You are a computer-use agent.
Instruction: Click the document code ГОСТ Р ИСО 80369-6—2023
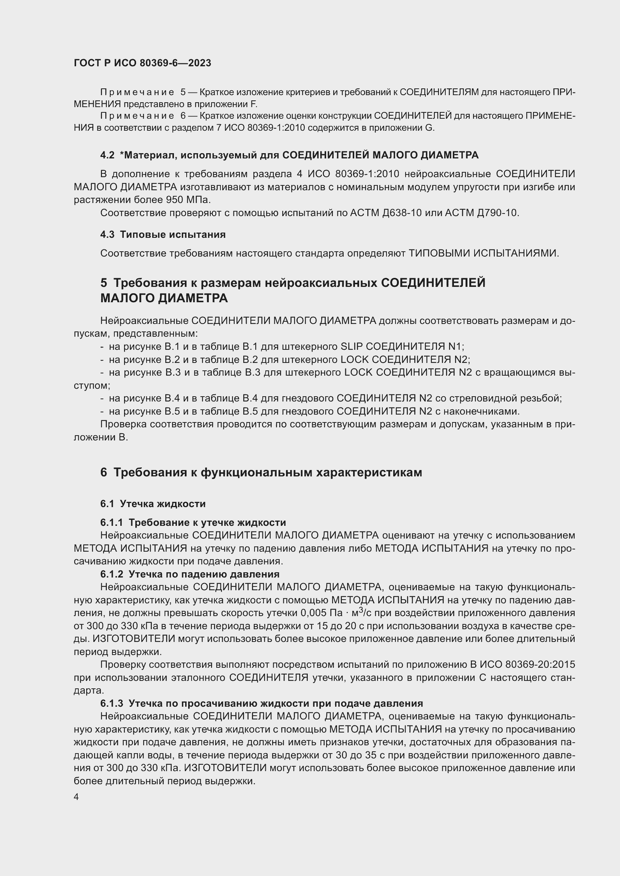click(x=142, y=63)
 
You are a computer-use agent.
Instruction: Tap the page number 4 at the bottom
click(x=76, y=797)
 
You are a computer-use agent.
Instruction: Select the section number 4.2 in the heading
click(x=107, y=155)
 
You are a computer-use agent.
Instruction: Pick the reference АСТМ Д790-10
click(x=481, y=213)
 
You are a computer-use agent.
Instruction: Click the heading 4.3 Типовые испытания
click(x=163, y=235)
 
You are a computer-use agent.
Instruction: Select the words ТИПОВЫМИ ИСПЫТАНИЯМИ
click(x=483, y=253)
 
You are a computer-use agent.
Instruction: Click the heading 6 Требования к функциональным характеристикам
click(x=261, y=472)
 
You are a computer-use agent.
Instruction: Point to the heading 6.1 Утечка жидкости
click(x=153, y=504)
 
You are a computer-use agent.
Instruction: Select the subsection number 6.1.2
click(x=111, y=574)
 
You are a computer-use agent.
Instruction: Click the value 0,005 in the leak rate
click(x=313, y=613)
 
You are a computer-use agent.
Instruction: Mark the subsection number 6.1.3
click(x=111, y=704)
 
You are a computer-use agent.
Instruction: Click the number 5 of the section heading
click(x=104, y=283)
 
